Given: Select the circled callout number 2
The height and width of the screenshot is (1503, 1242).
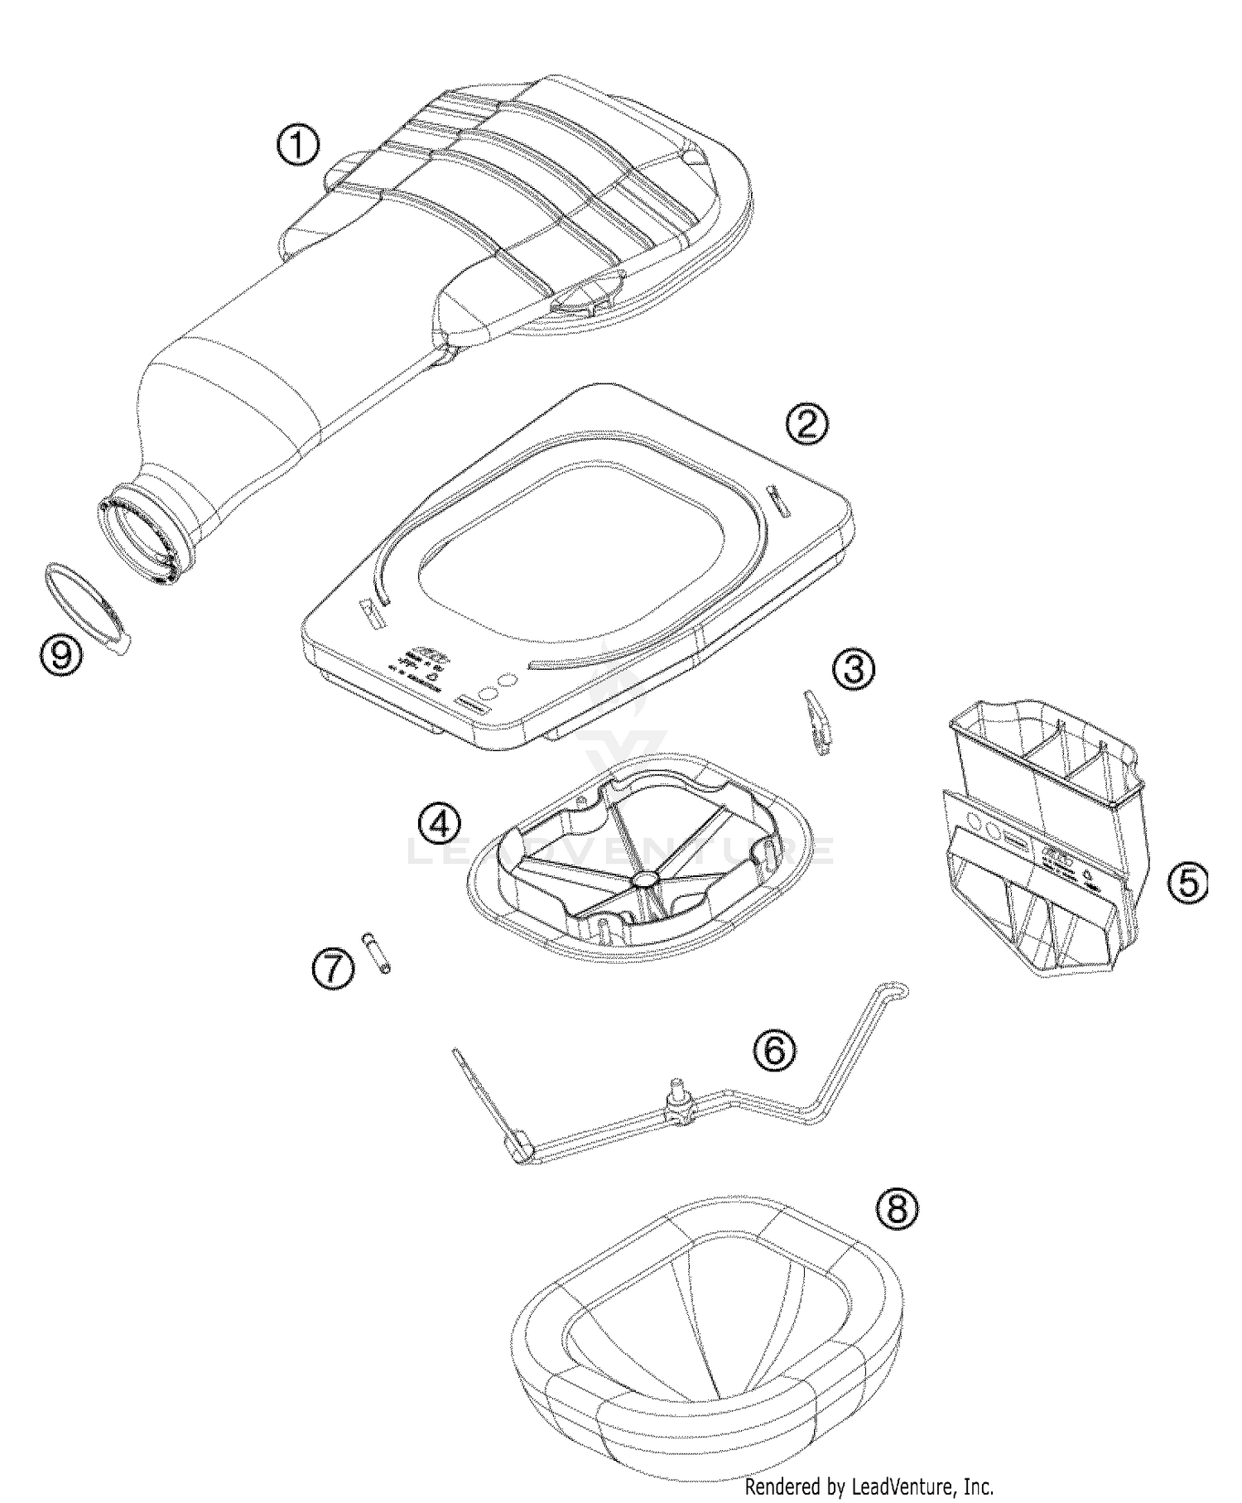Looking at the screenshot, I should tap(806, 423).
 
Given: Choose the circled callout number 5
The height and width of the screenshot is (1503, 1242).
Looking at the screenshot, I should tap(1187, 883).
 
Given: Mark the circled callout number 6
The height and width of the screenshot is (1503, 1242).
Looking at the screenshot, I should tap(774, 1050).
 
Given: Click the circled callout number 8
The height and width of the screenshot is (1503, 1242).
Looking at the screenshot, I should tap(897, 1210).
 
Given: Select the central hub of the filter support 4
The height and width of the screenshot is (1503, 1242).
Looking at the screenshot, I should tap(643, 878).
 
